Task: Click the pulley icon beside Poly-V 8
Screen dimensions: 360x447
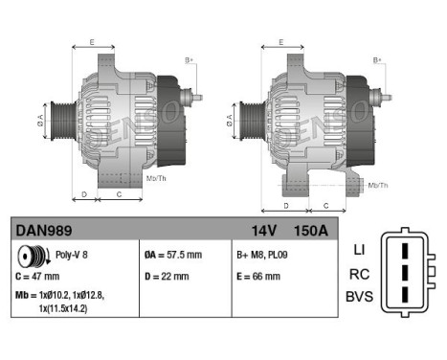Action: tap(32, 257)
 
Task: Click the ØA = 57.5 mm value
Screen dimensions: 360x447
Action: tap(173, 257)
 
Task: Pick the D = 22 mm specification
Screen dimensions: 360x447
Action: tap(166, 277)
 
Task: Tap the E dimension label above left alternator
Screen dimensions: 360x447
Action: tap(92, 43)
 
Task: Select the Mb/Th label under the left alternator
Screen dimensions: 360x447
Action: tap(155, 179)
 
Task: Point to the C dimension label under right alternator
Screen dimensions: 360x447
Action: tap(326, 206)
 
